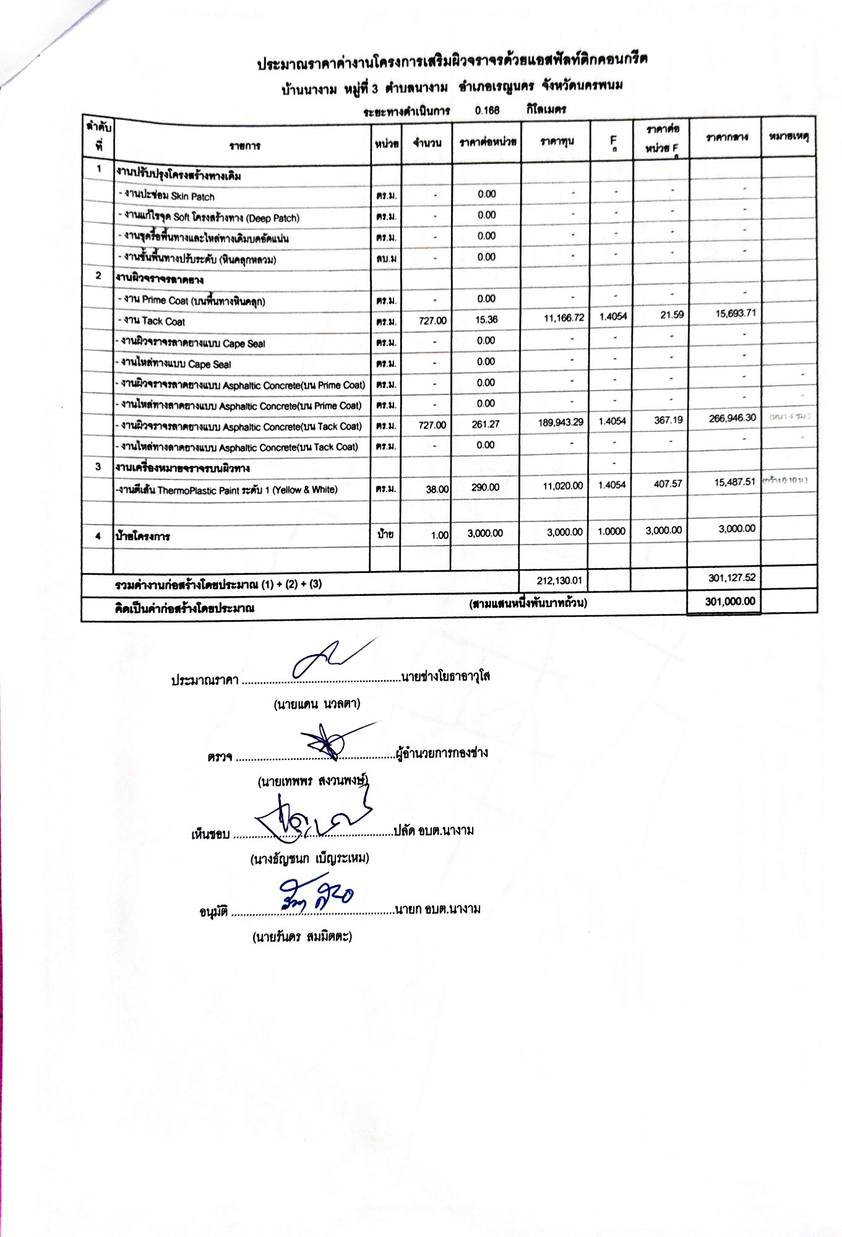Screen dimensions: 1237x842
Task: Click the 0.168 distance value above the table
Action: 487,110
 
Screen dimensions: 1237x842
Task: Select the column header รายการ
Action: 244,146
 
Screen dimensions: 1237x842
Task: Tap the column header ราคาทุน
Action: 556,142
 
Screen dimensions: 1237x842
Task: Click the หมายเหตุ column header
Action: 789,136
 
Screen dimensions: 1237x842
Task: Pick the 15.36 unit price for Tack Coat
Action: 487,320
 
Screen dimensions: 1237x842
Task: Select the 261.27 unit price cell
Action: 486,425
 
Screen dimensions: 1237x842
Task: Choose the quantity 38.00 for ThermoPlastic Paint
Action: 437,489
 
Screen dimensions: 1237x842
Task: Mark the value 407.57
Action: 668,484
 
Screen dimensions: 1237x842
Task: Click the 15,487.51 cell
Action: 734,482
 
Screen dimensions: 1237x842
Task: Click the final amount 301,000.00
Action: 729,601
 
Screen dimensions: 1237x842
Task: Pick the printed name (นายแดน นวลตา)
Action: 317,704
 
